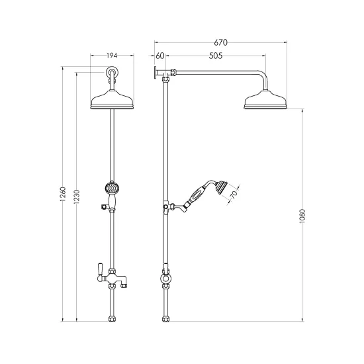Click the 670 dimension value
(220, 42)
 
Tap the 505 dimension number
(216, 56)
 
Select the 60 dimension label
(159, 56)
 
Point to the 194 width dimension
(112, 56)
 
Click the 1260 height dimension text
(63, 194)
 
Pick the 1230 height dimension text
(77, 197)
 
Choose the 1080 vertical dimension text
(302, 216)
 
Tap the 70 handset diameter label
(234, 195)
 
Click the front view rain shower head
(112, 100)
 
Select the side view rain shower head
(265, 100)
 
